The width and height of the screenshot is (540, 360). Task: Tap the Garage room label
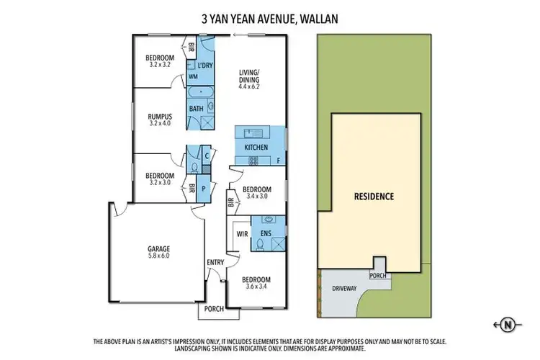(x=159, y=249)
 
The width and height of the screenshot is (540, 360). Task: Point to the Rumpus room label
(x=159, y=115)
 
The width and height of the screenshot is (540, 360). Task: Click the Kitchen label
(x=256, y=148)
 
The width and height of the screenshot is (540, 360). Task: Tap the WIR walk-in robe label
(x=242, y=234)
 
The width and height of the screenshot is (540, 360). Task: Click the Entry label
(x=215, y=262)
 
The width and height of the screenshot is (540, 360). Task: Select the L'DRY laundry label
(x=205, y=66)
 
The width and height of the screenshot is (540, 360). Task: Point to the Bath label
(x=195, y=109)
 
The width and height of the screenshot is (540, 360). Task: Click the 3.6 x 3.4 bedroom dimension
(x=256, y=287)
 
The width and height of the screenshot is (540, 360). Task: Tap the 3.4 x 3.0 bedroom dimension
(x=257, y=195)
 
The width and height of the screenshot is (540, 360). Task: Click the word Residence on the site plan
(x=374, y=196)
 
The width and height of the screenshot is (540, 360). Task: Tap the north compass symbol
(x=508, y=325)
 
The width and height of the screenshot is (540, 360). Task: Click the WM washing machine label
(x=193, y=76)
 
